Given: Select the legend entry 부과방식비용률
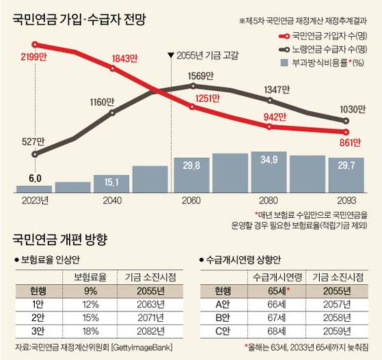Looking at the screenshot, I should click(329, 64).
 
